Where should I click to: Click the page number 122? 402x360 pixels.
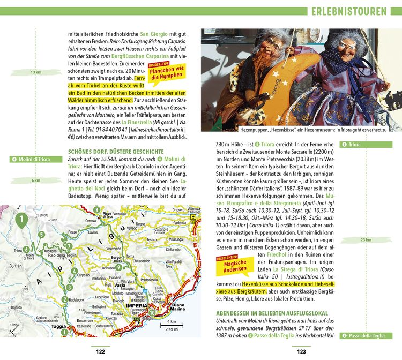click(100, 352)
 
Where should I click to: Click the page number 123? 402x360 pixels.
click(302, 352)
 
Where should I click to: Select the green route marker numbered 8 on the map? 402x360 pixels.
click(96, 209)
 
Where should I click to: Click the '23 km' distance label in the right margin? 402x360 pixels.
click(367, 240)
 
